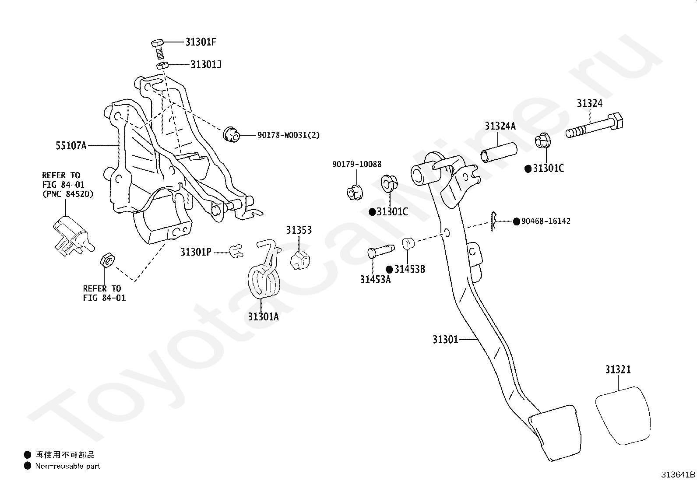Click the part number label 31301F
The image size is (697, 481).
click(201, 42)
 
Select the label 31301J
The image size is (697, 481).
click(206, 65)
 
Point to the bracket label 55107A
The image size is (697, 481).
click(71, 146)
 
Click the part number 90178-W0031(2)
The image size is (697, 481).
click(289, 135)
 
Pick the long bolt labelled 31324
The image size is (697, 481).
click(594, 126)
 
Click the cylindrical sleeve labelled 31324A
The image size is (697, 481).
click(499, 152)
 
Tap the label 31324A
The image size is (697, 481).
click(500, 126)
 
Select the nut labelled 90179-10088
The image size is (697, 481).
click(355, 192)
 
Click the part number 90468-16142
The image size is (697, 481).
click(546, 221)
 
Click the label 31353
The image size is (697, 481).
click(299, 230)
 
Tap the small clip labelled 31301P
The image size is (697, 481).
click(236, 251)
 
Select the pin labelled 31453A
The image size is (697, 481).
click(381, 251)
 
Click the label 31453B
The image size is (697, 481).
click(409, 269)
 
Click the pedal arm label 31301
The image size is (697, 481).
click(445, 340)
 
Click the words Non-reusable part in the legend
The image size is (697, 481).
click(67, 466)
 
